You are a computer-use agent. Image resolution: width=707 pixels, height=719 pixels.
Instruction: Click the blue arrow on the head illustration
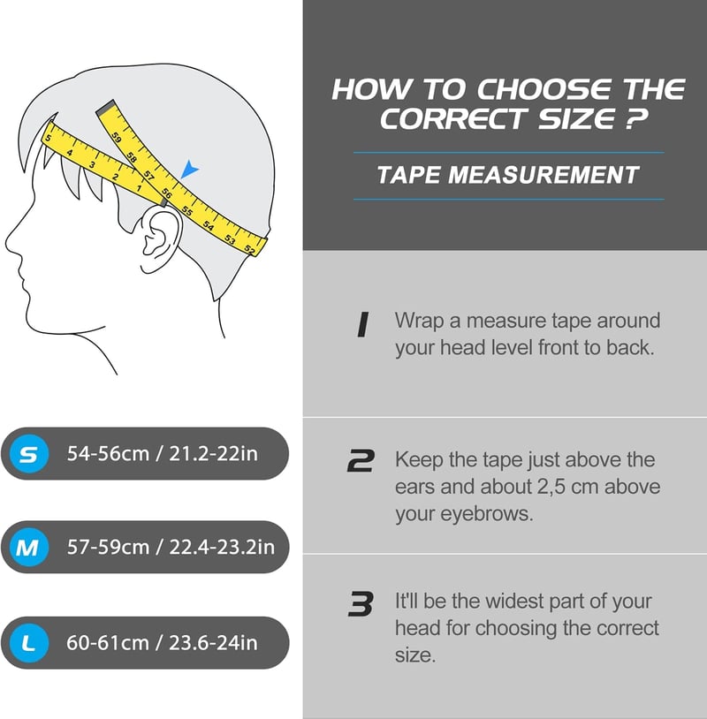tap(189, 170)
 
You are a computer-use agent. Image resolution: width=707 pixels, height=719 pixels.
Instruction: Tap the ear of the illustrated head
tap(159, 238)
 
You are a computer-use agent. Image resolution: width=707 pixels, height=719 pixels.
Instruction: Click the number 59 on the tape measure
tap(117, 137)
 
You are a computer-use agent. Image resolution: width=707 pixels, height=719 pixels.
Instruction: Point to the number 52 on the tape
tap(249, 249)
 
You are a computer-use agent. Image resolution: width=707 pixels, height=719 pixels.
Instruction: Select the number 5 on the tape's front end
tap(49, 138)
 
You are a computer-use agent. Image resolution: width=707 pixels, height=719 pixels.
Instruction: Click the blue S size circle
tap(29, 454)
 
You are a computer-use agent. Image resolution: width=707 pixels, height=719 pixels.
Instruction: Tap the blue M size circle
tap(29, 547)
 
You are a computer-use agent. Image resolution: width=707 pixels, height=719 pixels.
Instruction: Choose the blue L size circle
tap(29, 643)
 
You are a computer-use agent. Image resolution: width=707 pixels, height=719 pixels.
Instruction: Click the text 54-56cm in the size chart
tap(108, 454)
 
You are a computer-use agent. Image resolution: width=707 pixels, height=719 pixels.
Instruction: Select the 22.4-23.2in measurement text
tap(222, 547)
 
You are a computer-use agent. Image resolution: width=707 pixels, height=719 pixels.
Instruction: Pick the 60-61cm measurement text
tap(108, 643)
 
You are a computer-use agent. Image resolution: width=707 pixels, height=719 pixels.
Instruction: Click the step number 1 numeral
tap(363, 325)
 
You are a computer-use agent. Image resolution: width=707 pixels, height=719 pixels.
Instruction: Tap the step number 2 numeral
tap(361, 460)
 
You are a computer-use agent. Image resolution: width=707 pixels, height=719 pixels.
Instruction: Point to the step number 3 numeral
tap(361, 603)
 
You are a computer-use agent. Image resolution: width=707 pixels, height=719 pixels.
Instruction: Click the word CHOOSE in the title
tap(544, 89)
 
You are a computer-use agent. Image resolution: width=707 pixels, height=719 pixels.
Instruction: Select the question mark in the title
tap(637, 118)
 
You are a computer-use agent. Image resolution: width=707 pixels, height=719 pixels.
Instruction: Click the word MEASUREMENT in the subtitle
tap(544, 175)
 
